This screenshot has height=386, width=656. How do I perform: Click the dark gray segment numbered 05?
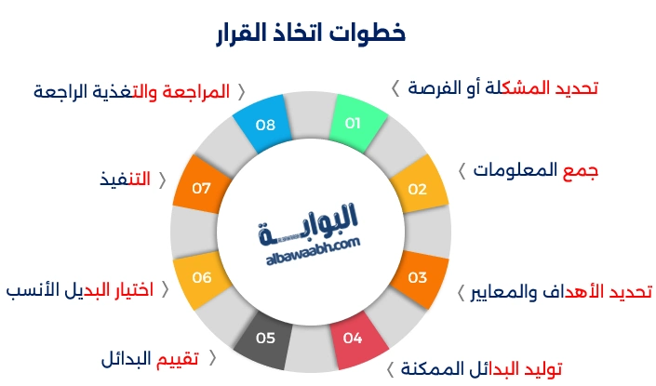point(265,339)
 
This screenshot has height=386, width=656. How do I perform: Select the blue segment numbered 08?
point(265,124)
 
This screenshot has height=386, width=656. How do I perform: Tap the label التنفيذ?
point(127,179)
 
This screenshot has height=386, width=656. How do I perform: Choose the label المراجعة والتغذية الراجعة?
point(132,92)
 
